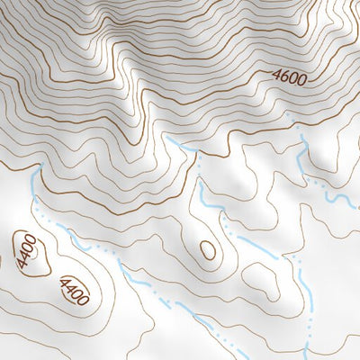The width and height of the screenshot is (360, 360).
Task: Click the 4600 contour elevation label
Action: (289, 77)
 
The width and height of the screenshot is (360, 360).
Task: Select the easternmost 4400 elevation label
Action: (73, 290)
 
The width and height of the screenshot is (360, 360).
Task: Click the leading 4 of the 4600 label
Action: (275, 75)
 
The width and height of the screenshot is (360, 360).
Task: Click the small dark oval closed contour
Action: (208, 249)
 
